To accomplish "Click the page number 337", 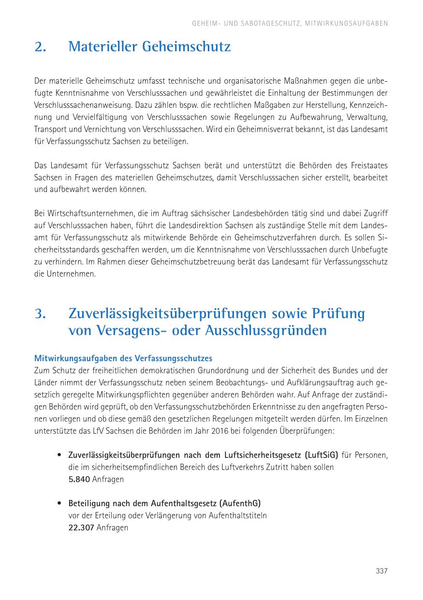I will pyautogui.click(x=381, y=571).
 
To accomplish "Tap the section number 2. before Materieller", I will pyautogui.click(x=40, y=47).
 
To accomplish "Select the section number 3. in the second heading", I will pyautogui.click(x=40, y=313).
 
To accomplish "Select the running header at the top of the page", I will pyautogui.click(x=290, y=23).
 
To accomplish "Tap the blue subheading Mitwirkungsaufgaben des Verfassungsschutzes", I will pyautogui.click(x=123, y=359).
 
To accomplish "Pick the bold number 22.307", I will pyautogui.click(x=81, y=527).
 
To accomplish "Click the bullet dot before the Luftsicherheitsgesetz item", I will pyautogui.click(x=58, y=455).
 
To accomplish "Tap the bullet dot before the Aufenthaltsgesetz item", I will pyautogui.click(x=58, y=503).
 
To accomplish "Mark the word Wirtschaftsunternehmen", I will pyautogui.click(x=85, y=213).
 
